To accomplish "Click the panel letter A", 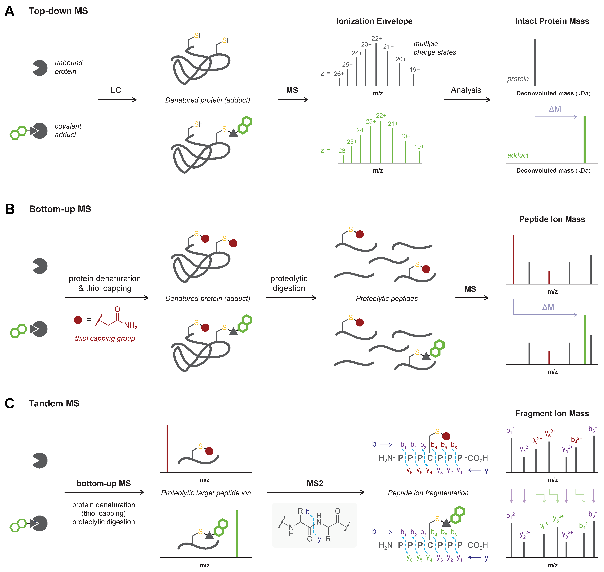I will tap(9, 11).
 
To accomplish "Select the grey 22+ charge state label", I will tap(377, 38).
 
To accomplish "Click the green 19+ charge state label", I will tap(419, 147).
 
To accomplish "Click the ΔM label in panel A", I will tap(555, 109).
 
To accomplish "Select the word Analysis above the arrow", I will tap(466, 90).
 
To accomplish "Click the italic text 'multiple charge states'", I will tap(435, 48).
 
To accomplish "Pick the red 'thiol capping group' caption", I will tap(105, 338).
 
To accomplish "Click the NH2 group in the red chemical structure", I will tap(131, 326).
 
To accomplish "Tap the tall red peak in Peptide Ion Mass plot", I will tap(514, 259).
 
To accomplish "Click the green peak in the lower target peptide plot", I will tap(237, 534).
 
